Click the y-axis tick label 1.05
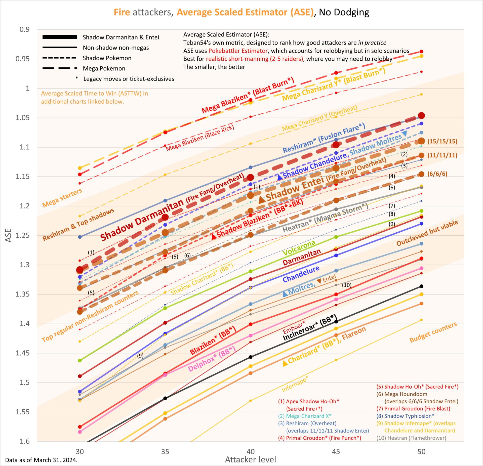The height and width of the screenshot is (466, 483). point(22,118)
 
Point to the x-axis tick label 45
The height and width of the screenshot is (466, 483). point(336,451)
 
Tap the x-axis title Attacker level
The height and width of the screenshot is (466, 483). point(250,460)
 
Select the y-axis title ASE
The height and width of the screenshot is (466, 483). point(9,235)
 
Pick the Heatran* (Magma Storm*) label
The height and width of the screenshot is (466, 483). point(325,218)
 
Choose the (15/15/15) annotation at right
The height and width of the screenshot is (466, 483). point(442,141)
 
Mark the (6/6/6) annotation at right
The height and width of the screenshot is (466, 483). point(437,174)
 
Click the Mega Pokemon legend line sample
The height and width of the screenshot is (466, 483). point(60,68)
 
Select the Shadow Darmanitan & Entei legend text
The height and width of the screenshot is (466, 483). point(121,37)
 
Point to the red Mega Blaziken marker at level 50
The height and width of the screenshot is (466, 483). point(422,52)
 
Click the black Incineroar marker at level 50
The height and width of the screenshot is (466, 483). point(422,286)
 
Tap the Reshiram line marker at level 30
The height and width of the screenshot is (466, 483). point(80,237)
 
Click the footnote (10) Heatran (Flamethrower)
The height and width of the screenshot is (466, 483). point(411,438)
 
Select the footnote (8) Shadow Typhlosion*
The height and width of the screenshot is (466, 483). point(405,416)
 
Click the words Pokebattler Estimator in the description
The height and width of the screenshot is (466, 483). point(238,51)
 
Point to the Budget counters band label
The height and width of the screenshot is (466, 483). point(433,332)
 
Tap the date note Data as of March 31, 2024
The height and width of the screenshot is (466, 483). point(41,460)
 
